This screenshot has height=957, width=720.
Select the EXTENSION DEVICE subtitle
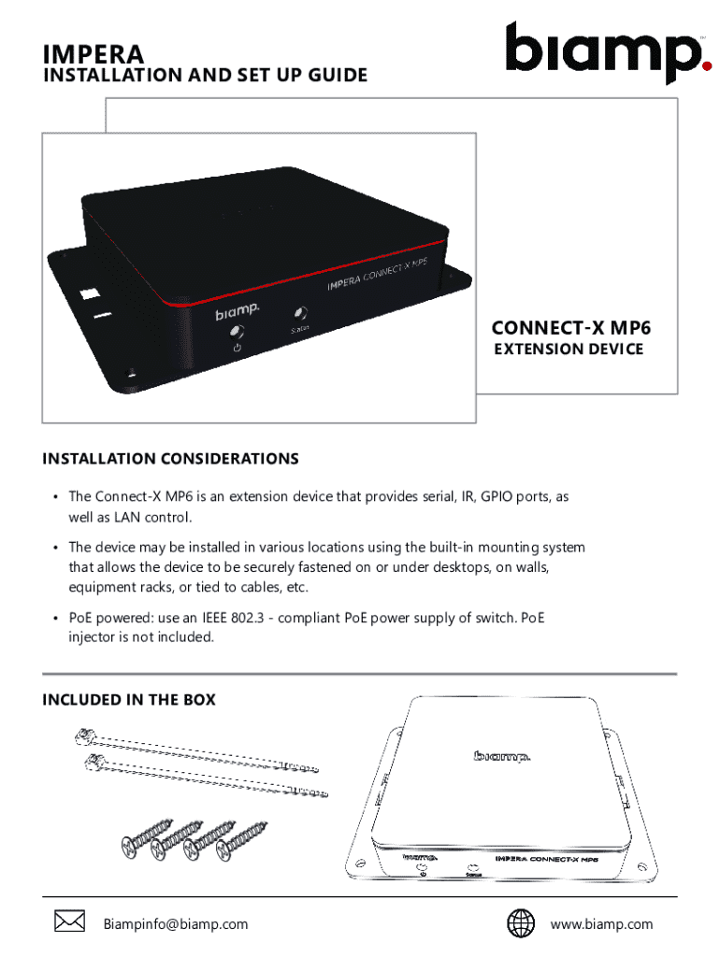[569, 349]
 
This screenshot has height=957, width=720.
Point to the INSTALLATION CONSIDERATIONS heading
[170, 459]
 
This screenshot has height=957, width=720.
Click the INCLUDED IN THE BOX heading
[129, 699]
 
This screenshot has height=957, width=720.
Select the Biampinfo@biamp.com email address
[176, 924]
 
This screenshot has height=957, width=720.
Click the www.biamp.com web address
[601, 924]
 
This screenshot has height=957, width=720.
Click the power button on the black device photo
[238, 334]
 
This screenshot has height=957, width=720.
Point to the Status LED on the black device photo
[301, 314]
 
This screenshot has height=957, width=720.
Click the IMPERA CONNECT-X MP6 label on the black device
[378, 277]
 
